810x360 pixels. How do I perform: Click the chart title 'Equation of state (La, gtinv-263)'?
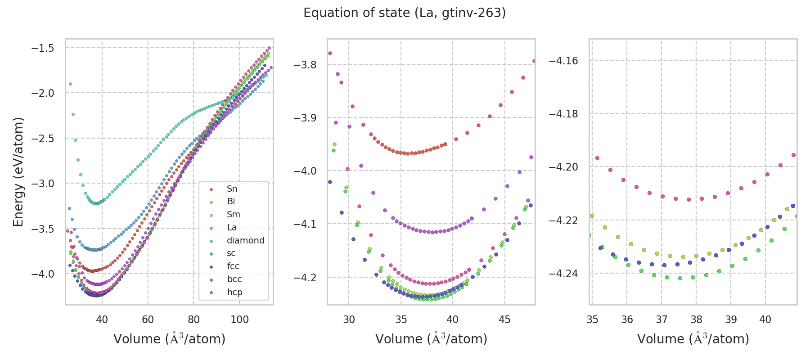(x=405, y=13)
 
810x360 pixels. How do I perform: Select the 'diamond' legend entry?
(x=245, y=240)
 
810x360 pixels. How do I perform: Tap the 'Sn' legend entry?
(x=232, y=189)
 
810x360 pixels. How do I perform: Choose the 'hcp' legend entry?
(x=234, y=292)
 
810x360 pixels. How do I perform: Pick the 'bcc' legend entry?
(x=234, y=279)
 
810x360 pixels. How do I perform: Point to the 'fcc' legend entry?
(x=233, y=266)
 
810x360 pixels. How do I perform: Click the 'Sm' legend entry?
(x=233, y=215)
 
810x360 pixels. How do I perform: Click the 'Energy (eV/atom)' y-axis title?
(x=18, y=172)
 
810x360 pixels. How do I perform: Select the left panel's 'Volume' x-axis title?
(x=169, y=339)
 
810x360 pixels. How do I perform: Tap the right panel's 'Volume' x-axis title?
(x=693, y=339)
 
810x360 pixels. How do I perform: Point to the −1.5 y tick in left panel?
(x=43, y=48)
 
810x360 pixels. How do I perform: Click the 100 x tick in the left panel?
(x=239, y=319)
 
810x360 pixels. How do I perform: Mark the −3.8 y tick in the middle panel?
(x=305, y=65)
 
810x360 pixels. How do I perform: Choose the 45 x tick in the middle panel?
(x=505, y=319)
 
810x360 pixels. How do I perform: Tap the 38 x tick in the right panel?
(x=696, y=319)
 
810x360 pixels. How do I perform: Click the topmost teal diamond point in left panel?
(x=70, y=84)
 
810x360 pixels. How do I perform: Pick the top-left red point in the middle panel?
(x=330, y=53)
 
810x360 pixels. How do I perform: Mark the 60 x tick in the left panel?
(x=148, y=319)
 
